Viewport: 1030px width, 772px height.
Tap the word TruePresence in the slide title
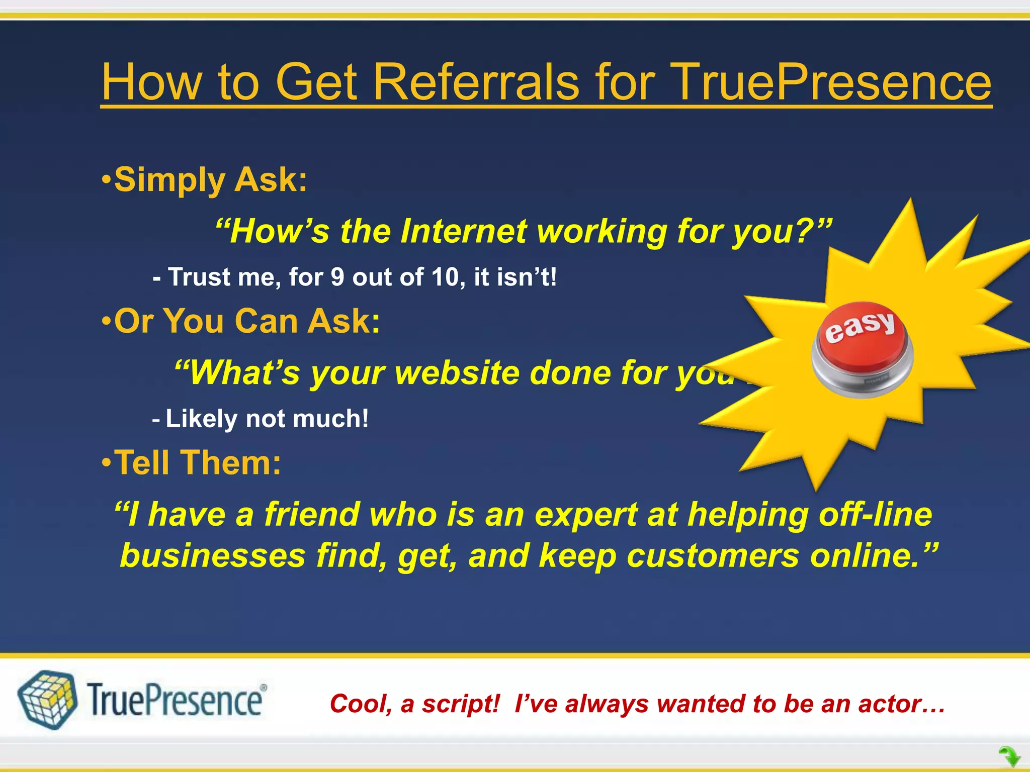[x=832, y=82]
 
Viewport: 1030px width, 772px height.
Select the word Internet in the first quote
[x=463, y=232]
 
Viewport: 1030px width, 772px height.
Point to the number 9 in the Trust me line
[x=338, y=277]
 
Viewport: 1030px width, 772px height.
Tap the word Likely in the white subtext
[x=201, y=419]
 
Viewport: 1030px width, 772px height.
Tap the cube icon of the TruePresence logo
[x=47, y=699]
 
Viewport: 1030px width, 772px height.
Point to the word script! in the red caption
[x=460, y=704]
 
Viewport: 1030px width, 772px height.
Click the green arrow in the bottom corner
[x=1009, y=756]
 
